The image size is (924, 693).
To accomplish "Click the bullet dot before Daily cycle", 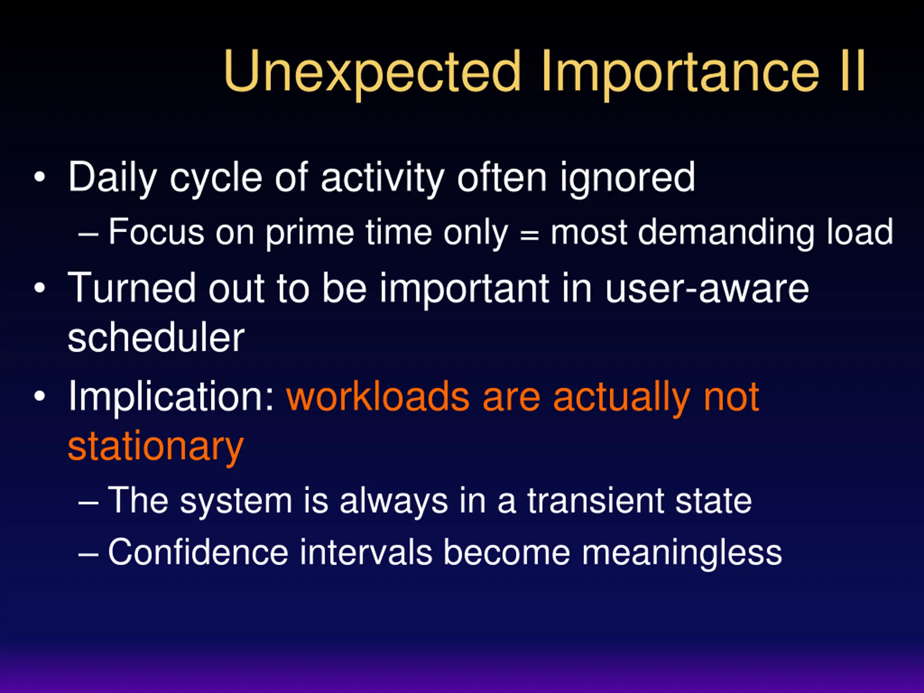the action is (40, 177).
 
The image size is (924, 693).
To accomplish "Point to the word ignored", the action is (628, 178).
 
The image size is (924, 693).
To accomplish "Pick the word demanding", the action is (726, 233).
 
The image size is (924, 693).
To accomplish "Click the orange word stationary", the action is (156, 447).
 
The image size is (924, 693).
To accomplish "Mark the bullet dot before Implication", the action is (40, 396).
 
